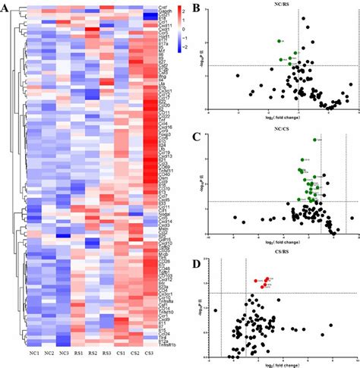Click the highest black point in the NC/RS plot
pos(303,18)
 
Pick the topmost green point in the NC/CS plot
pos(314,140)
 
